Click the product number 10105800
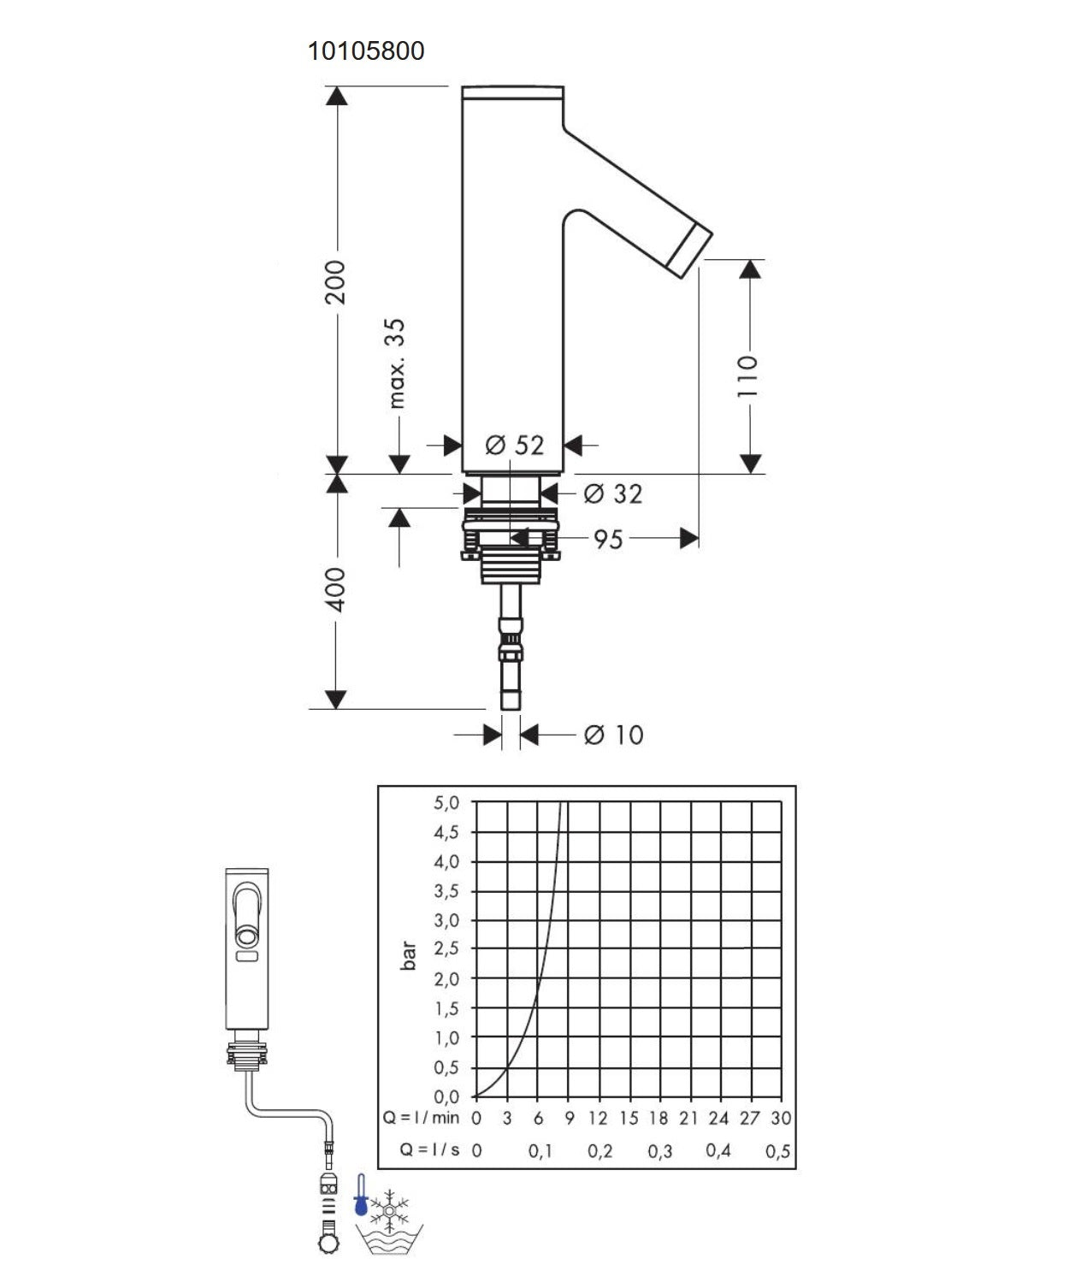(366, 51)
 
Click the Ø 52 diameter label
(514, 445)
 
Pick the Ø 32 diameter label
(612, 493)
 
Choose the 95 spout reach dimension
(608, 539)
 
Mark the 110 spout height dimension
(748, 375)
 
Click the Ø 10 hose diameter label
(613, 735)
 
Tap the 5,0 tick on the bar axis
(446, 803)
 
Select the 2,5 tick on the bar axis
(446, 948)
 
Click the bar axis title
(409, 955)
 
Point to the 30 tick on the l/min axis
(780, 1118)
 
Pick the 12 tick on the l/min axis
(597, 1118)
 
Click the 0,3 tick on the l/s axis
(659, 1151)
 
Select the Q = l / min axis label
(421, 1118)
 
